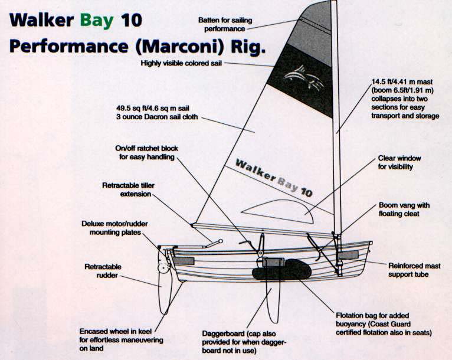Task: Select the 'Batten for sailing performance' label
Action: pyautogui.click(x=221, y=24)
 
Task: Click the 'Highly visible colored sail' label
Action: pyautogui.click(x=181, y=63)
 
